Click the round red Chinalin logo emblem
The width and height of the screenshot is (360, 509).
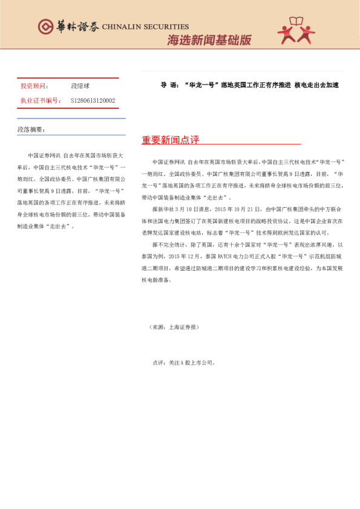(46, 27)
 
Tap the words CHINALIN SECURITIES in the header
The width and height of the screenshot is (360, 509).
(145, 27)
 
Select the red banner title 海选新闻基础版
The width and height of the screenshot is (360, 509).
(209, 41)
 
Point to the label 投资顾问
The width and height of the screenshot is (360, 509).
(35, 86)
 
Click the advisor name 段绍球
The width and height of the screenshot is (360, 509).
(80, 86)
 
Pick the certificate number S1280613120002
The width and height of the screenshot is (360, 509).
(93, 100)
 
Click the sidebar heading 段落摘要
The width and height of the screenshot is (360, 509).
(31, 130)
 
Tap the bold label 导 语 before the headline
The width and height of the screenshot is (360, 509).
(167, 86)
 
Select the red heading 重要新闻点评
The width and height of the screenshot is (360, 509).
(170, 140)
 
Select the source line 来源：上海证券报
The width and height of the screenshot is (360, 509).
(174, 327)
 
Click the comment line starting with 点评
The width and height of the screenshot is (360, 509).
(183, 363)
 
